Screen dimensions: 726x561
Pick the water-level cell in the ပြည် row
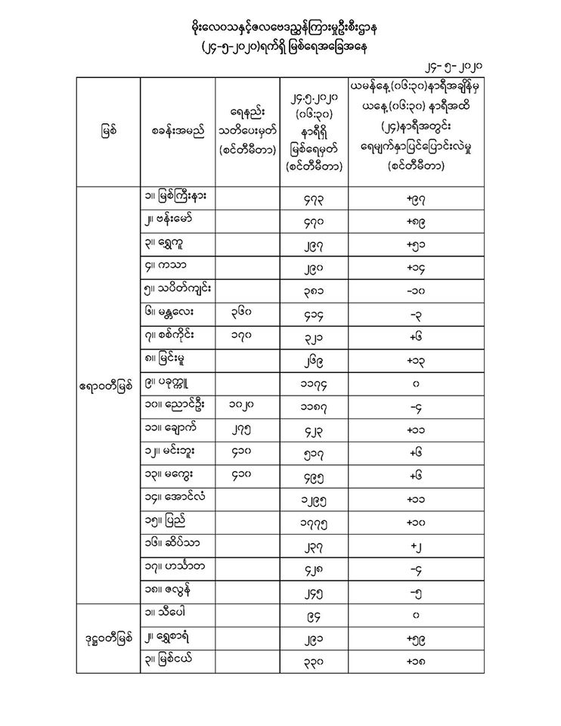(314, 522)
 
